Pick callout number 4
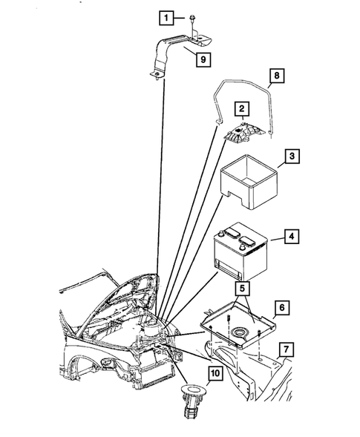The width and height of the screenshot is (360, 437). point(293,238)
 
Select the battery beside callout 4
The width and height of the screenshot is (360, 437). point(239,254)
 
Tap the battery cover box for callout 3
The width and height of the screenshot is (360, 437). point(248,183)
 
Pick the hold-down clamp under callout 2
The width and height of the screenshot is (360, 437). point(243,136)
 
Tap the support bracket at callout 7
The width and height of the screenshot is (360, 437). point(245,367)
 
